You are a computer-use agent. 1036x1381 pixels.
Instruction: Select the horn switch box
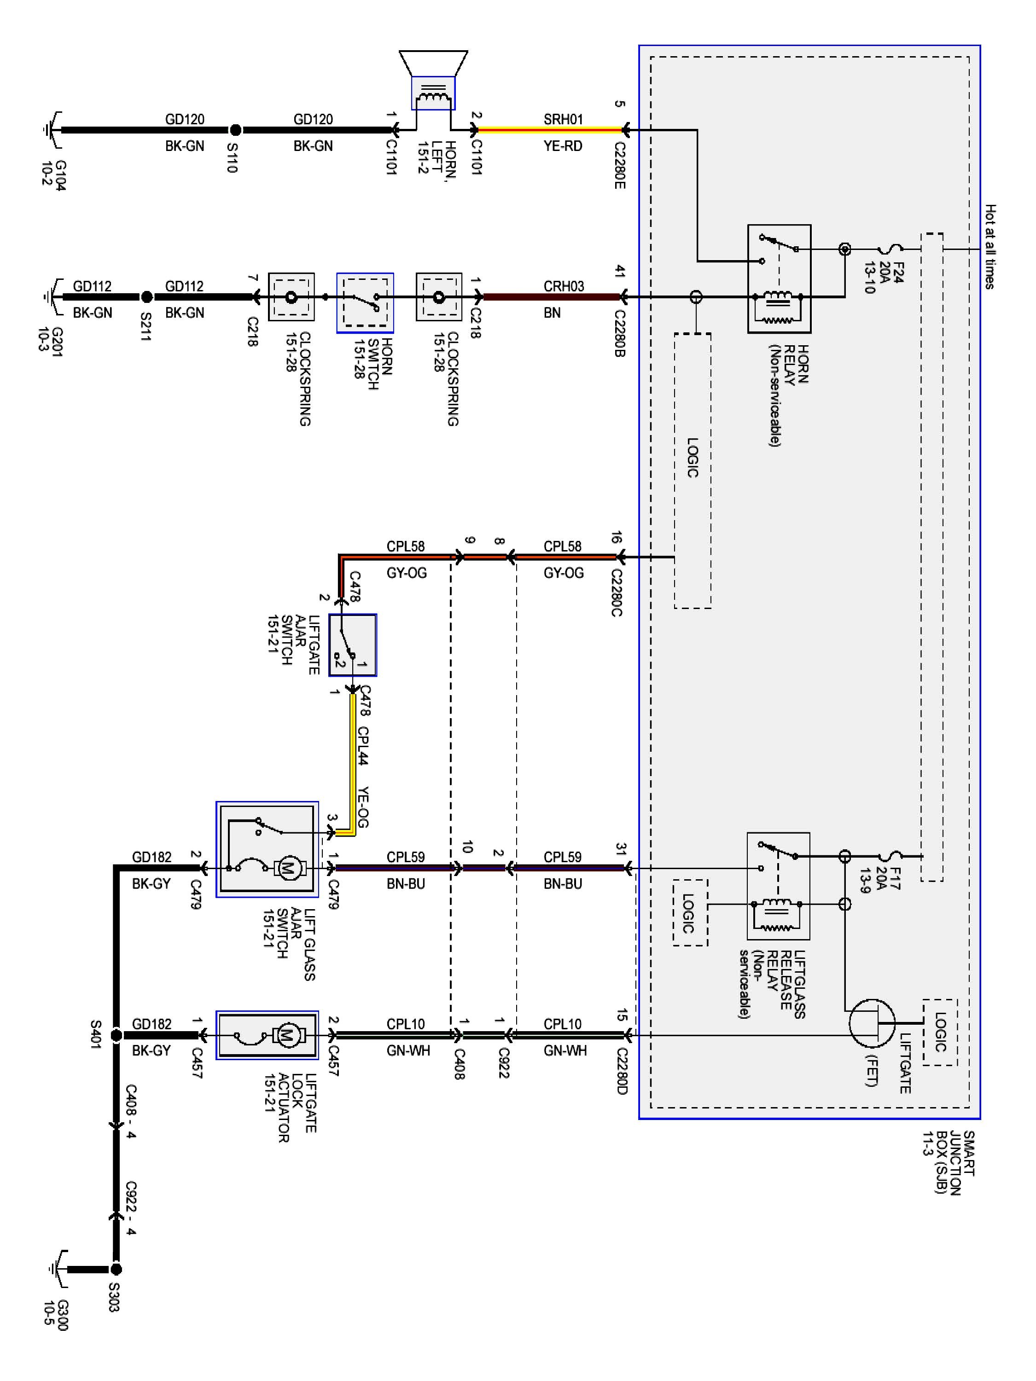pos(365,303)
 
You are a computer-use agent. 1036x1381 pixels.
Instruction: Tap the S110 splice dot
pos(235,130)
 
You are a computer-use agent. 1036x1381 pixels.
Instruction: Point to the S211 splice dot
pos(146,297)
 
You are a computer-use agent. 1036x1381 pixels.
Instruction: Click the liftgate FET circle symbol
pos(871,1023)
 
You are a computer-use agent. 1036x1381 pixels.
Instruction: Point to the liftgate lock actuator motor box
pos(267,1035)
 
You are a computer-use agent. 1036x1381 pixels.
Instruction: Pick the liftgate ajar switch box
pos(353,645)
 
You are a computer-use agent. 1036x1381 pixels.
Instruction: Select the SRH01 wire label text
pos(563,119)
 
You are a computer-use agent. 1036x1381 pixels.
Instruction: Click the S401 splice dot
pos(116,1035)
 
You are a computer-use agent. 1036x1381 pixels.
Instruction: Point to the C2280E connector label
pos(619,165)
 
